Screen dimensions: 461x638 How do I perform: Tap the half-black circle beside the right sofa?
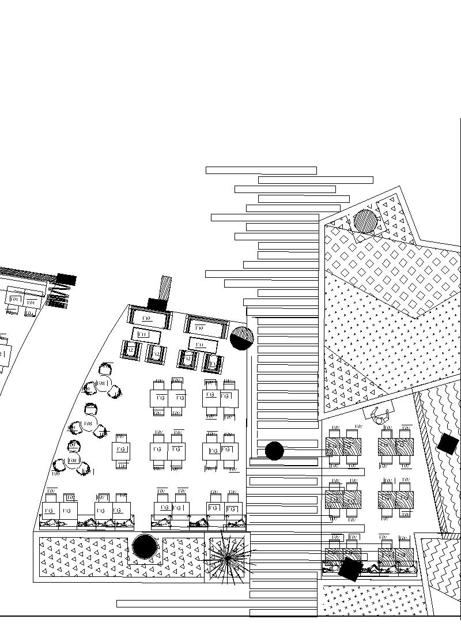pyautogui.click(x=242, y=338)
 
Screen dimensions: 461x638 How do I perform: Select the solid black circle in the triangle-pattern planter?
pyautogui.click(x=145, y=546)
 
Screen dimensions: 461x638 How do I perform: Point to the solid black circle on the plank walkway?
pyautogui.click(x=274, y=451)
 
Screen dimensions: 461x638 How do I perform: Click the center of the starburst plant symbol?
pyautogui.click(x=228, y=558)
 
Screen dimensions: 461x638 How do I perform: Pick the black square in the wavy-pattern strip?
pyautogui.click(x=447, y=444)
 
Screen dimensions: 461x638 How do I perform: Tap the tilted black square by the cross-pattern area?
pyautogui.click(x=350, y=568)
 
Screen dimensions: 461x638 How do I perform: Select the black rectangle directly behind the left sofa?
pyautogui.click(x=157, y=304)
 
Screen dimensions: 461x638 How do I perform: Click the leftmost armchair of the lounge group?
pyautogui.click(x=131, y=350)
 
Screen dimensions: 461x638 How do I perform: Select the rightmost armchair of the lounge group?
pyautogui.click(x=212, y=363)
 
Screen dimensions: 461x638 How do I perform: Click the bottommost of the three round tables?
pyautogui.click(x=73, y=461)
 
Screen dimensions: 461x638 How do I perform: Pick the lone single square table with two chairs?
pyautogui.click(x=121, y=450)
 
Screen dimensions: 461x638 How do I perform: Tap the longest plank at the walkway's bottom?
pyautogui.click(x=217, y=603)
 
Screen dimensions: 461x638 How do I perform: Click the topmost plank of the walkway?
pyautogui.click(x=261, y=170)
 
